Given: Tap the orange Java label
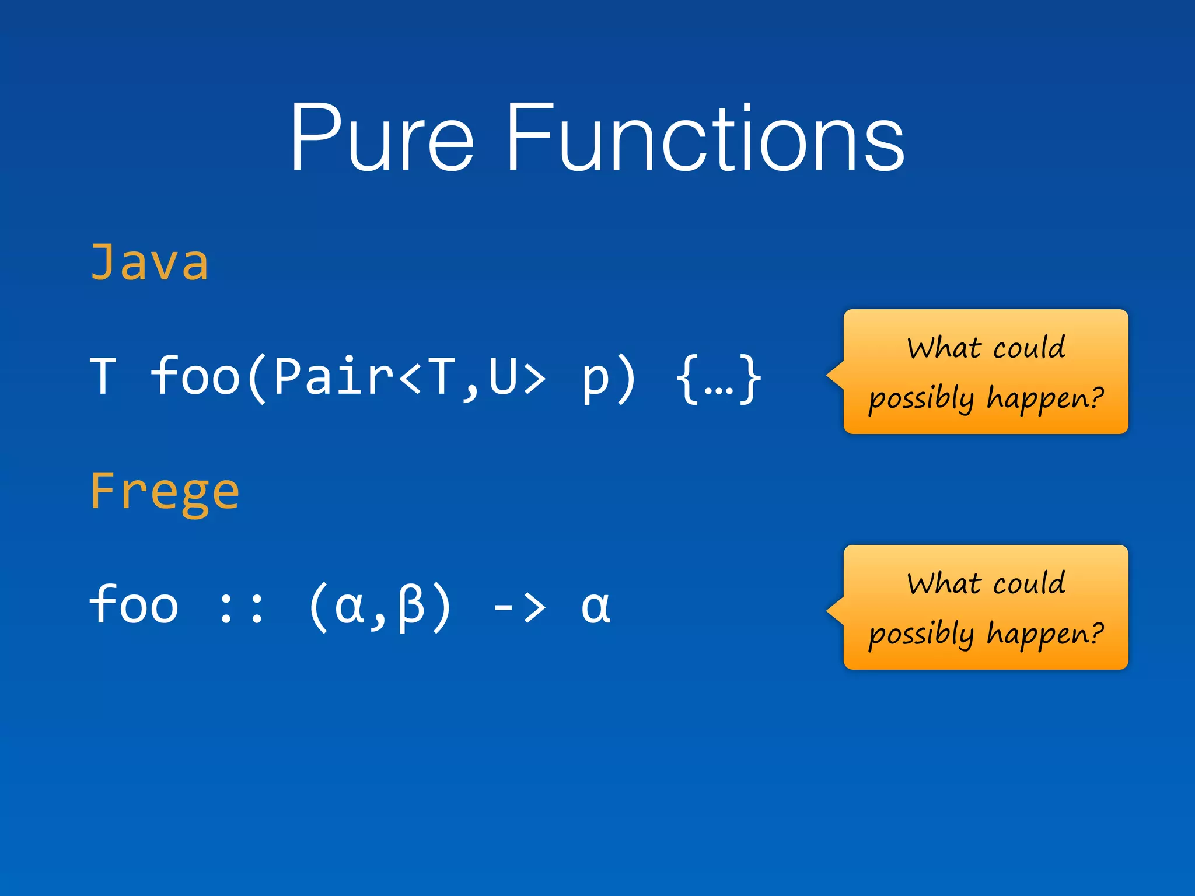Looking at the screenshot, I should (x=149, y=262).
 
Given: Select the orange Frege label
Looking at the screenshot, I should (x=165, y=492).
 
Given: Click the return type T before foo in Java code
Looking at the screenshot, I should (x=103, y=377).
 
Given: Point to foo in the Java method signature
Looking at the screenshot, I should (x=195, y=377).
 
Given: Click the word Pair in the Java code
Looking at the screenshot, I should (x=333, y=377).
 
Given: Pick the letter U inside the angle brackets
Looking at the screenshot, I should (x=502, y=377).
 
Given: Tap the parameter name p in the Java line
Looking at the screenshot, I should (x=595, y=378).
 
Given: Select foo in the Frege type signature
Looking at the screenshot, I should (x=134, y=605).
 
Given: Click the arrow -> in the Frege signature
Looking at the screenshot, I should (x=519, y=607).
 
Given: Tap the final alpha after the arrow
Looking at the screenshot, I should (x=596, y=607).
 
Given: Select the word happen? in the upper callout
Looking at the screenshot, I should (x=1045, y=398).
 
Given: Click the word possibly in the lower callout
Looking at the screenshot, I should (x=921, y=635).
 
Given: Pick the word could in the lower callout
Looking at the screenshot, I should (x=1029, y=583).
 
